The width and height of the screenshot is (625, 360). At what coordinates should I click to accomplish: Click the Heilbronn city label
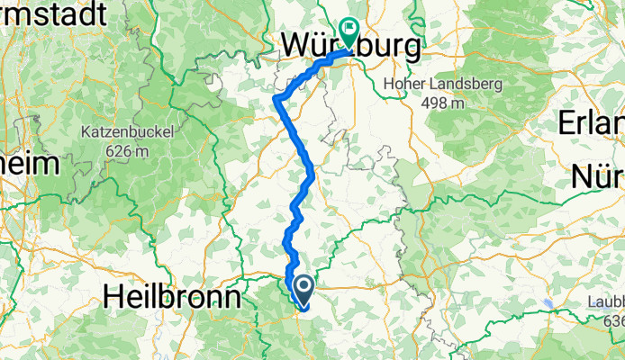point(173,297)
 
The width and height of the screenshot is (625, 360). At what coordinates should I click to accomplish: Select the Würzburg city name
point(350,45)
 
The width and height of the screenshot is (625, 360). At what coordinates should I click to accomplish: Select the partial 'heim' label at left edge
point(29,163)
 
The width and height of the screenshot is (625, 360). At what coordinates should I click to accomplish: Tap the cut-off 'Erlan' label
point(593,122)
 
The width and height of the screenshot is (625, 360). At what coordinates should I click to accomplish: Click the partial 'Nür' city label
point(600,176)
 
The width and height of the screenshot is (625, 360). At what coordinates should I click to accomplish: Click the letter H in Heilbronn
point(114,297)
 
